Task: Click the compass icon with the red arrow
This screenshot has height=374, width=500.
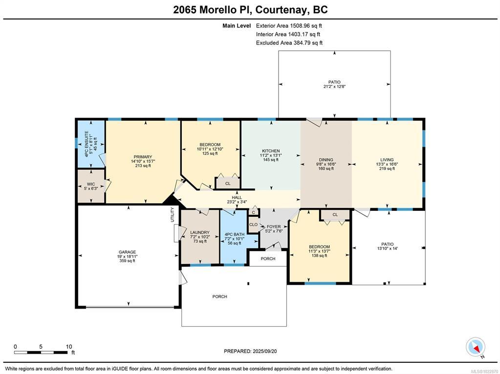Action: (x=476, y=347)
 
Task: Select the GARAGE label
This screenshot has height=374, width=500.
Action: (x=127, y=252)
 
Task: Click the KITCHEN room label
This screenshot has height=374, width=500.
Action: (x=271, y=151)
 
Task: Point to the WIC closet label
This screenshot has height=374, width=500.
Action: (x=91, y=184)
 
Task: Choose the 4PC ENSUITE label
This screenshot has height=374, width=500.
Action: (x=87, y=144)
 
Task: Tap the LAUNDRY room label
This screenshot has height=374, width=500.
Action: (x=199, y=232)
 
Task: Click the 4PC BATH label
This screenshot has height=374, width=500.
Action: (x=235, y=234)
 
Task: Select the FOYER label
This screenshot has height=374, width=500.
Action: (x=274, y=227)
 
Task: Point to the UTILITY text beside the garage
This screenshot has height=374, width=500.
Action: (x=173, y=215)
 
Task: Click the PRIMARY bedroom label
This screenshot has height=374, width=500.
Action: (x=143, y=157)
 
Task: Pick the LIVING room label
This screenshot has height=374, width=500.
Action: (x=387, y=160)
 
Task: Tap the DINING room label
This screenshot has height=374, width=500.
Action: (x=326, y=160)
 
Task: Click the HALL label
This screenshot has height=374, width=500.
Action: (x=237, y=198)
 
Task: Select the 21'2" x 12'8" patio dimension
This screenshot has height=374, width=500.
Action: (x=334, y=86)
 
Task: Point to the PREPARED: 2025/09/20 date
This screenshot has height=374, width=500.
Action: (x=250, y=351)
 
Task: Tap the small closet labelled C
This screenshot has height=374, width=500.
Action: (x=254, y=212)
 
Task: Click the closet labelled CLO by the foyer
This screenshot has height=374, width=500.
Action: (x=254, y=225)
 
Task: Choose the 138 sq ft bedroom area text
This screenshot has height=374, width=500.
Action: (x=319, y=255)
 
